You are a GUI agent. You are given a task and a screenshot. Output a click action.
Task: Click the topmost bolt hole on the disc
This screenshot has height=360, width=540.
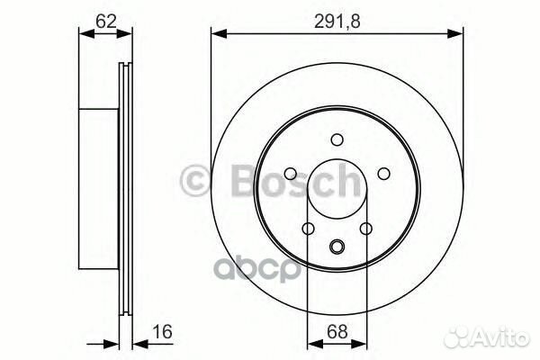[337, 139]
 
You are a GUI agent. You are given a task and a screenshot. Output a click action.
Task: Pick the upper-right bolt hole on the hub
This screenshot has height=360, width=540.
[382, 174]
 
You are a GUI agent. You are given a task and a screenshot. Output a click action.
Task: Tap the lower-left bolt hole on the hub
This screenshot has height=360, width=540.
[308, 229]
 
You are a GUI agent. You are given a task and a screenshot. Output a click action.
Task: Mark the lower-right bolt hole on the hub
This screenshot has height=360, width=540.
[365, 229]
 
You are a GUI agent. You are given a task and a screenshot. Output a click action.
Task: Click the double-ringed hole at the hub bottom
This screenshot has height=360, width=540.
[337, 248]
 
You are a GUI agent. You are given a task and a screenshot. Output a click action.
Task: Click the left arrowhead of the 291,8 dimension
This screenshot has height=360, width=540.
[217, 35]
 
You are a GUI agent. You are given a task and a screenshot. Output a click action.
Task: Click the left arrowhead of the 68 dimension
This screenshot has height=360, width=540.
[312, 344]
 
